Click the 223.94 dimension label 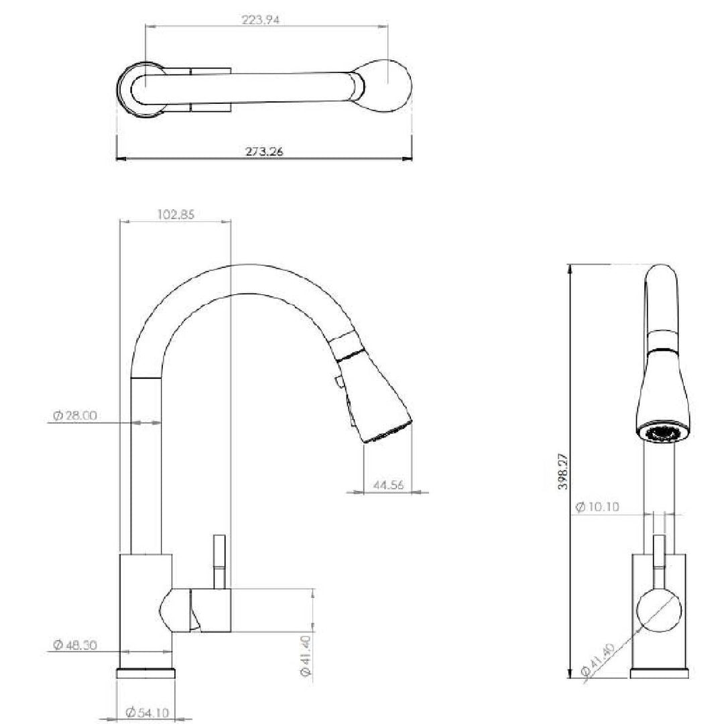[x=260, y=20]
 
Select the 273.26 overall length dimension [x=264, y=151]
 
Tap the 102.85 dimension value [x=176, y=215]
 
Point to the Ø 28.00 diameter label [x=75, y=415]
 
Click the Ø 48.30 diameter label [x=75, y=645]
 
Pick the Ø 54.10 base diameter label [x=147, y=713]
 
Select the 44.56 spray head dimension [x=388, y=485]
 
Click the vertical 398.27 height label [x=563, y=471]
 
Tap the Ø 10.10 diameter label [x=597, y=507]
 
